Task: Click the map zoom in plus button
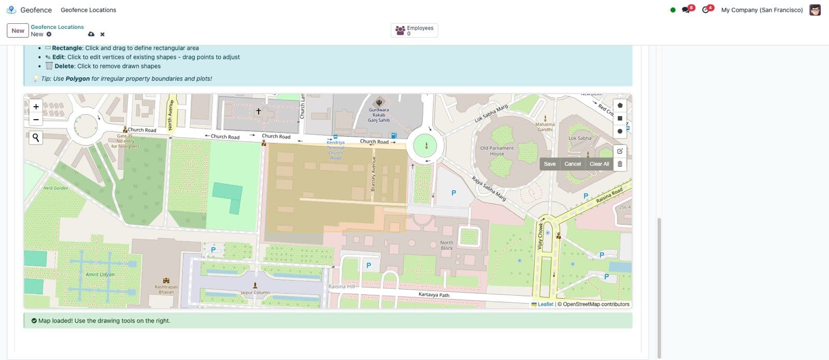tap(36, 107)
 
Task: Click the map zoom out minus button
tap(36, 120)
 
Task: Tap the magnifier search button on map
tap(36, 137)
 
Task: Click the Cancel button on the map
tap(573, 164)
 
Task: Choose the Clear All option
tap(599, 164)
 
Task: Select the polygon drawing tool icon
tap(620, 105)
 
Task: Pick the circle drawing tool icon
tap(620, 131)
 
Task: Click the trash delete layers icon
tap(620, 164)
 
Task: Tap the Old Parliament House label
tap(497, 151)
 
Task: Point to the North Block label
tap(447, 245)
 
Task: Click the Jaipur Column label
tap(255, 293)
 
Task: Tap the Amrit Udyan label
tap(100, 275)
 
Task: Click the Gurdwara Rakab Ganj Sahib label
tap(379, 114)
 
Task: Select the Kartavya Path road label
tap(434, 295)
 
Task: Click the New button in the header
tap(18, 31)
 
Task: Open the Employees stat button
tap(414, 31)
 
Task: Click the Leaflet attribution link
tap(545, 304)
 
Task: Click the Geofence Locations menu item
tap(88, 10)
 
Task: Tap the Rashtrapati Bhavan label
tap(166, 289)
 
